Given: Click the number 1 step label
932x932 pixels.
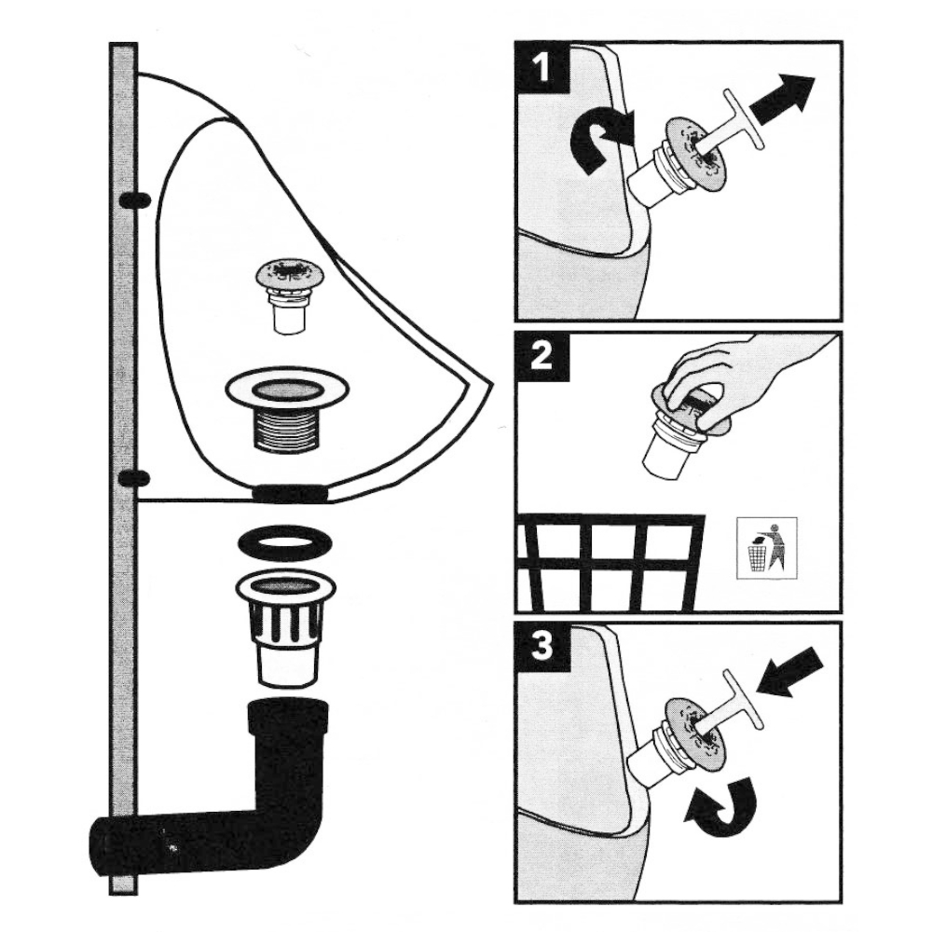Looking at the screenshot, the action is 542,68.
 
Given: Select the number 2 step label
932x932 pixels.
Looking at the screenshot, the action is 542,357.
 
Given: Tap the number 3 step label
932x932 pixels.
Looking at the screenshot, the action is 542,647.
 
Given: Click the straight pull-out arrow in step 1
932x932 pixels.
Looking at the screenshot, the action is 781,98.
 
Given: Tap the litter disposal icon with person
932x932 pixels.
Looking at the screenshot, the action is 767,547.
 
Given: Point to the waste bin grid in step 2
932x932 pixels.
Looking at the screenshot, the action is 610,562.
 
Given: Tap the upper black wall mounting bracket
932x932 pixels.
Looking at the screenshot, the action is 135,201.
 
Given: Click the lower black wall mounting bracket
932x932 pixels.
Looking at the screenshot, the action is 135,477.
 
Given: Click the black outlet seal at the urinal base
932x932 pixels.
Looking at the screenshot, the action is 290,493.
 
